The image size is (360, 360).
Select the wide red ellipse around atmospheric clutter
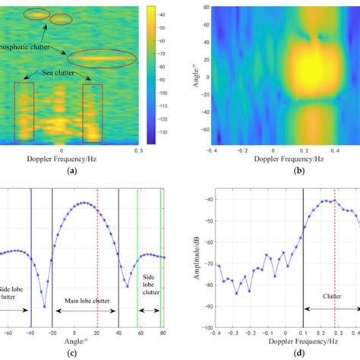pos(102,58)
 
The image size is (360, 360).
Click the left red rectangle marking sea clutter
pos(24,113)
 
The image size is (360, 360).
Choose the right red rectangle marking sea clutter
pos(92,113)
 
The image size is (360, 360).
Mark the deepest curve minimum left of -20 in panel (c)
pos(45,306)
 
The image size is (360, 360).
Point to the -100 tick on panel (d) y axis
pos(201,326)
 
